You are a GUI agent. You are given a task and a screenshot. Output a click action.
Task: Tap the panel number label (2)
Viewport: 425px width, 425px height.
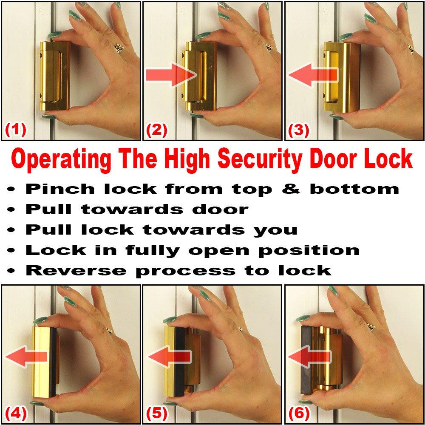pos(157,129)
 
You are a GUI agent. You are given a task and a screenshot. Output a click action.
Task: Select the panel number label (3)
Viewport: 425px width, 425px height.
pos(298,129)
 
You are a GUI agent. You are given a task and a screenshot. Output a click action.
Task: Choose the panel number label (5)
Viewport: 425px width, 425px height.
pos(157,412)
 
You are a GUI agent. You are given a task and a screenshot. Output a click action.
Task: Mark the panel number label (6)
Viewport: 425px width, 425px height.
pos(298,412)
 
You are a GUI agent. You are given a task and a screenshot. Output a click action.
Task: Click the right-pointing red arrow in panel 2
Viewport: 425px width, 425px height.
pos(170,75)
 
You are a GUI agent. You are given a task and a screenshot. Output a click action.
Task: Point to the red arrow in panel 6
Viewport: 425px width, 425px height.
pos(309,356)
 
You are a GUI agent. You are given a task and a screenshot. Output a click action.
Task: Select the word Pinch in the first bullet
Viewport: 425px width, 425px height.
pos(51,189)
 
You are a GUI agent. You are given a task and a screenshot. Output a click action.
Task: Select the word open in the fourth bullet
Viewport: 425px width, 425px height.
pos(215,250)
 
